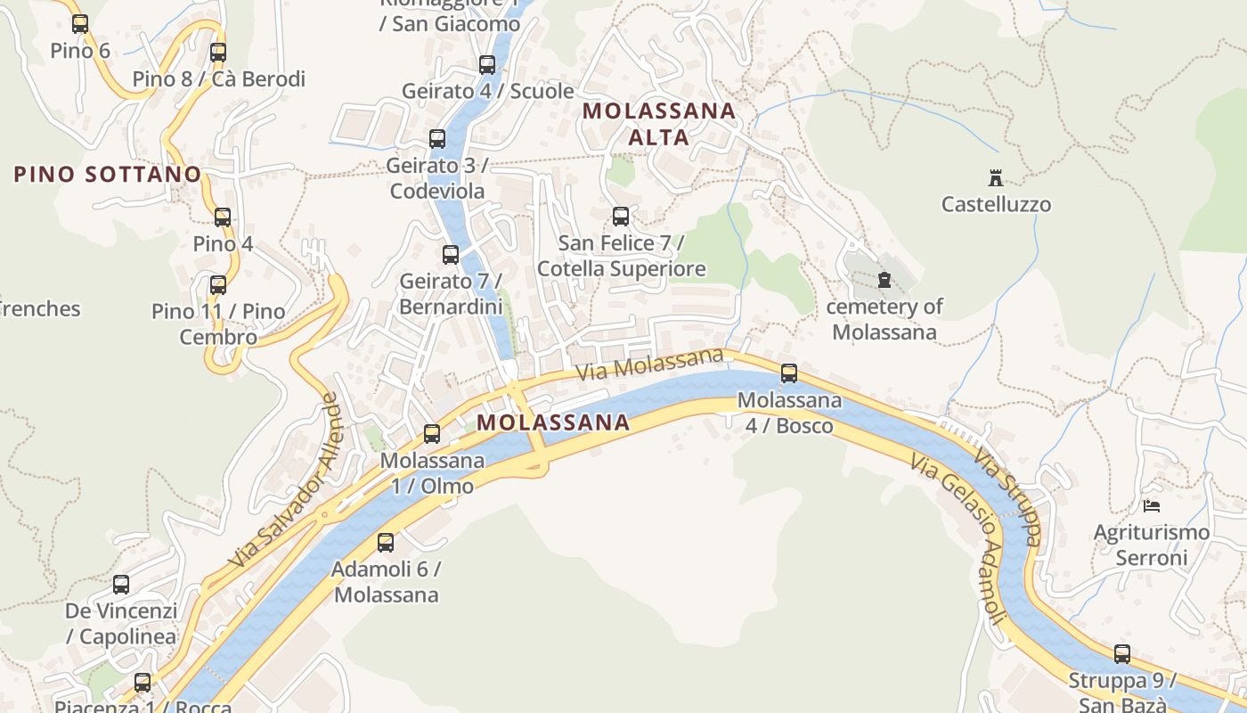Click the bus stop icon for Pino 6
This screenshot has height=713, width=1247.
point(80,24)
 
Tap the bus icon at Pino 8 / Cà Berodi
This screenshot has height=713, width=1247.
point(218,53)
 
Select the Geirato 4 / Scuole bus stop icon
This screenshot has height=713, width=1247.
point(487,64)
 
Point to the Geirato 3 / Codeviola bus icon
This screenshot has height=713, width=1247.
point(437,139)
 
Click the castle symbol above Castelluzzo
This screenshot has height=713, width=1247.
point(996,177)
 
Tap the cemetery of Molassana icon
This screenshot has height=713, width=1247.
point(884,280)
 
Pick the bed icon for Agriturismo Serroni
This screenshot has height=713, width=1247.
point(1152,506)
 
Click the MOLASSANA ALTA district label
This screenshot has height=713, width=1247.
point(659,124)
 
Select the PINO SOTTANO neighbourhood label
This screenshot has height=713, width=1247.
point(108,174)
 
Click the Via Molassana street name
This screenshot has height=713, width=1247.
point(649,365)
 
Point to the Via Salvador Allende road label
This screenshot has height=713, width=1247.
point(284,482)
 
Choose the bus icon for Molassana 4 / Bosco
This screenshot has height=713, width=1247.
point(789,373)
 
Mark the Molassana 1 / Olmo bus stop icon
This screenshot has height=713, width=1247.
point(432,434)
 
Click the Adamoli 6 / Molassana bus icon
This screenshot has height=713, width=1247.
point(386,542)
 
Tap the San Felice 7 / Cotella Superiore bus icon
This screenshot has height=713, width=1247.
point(621,216)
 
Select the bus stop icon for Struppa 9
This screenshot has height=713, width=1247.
point(1122,654)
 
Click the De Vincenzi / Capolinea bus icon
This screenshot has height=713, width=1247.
point(121,585)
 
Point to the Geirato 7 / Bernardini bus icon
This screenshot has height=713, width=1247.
point(451,255)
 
